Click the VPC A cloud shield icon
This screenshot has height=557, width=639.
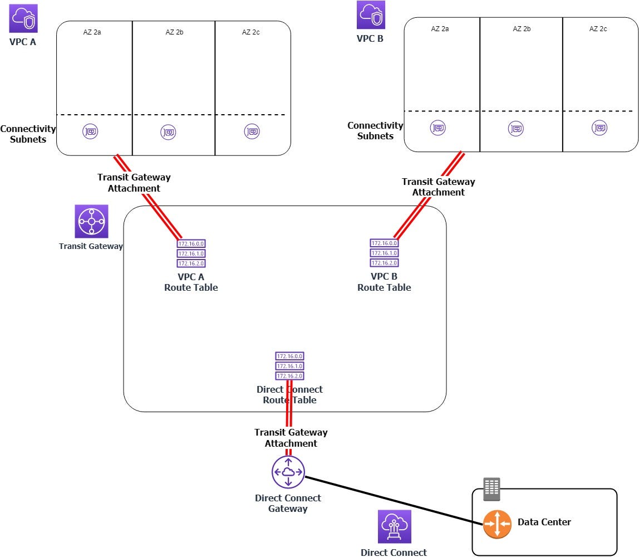(23, 18)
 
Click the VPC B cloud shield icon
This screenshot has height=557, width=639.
(371, 15)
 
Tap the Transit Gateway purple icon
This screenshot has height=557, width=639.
(91, 222)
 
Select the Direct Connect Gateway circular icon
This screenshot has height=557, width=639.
(288, 472)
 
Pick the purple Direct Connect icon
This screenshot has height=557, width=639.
(394, 526)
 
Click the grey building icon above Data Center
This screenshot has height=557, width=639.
(491, 489)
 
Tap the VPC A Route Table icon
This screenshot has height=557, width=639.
(191, 253)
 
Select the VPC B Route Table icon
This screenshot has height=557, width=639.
(384, 253)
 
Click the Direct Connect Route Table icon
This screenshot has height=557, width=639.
(289, 366)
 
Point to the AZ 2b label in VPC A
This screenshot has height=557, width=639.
(174, 32)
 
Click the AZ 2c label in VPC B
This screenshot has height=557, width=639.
(598, 29)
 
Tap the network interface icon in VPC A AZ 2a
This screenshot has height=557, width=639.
(91, 132)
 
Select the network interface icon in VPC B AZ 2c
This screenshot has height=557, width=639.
(599, 128)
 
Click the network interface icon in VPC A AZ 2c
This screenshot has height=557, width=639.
(252, 131)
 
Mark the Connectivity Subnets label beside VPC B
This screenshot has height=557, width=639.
(375, 131)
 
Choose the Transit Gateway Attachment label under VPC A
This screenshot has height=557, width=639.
(134, 183)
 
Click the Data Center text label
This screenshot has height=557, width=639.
(544, 522)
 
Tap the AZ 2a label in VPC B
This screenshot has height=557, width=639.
(440, 29)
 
